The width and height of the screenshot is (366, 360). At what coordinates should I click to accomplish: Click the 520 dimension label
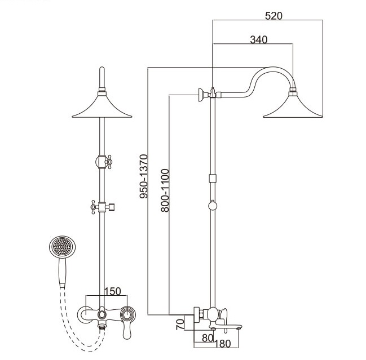274,16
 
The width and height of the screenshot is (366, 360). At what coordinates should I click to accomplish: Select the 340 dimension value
259,39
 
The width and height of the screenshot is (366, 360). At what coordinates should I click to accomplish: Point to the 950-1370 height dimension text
144,176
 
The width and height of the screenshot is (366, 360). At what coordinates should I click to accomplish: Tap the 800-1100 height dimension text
165,190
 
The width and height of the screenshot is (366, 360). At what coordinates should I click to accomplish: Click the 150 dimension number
113,291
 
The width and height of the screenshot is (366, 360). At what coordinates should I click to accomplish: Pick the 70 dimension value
180,325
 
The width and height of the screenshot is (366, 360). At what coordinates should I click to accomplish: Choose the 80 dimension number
208,338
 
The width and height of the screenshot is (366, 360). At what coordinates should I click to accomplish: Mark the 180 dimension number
223,344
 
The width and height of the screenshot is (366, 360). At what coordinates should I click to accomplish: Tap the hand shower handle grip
63,273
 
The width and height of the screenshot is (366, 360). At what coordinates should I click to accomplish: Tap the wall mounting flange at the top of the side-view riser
201,95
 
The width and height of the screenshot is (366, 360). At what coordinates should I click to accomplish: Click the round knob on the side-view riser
213,206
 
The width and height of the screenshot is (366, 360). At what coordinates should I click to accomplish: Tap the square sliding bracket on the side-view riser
213,179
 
